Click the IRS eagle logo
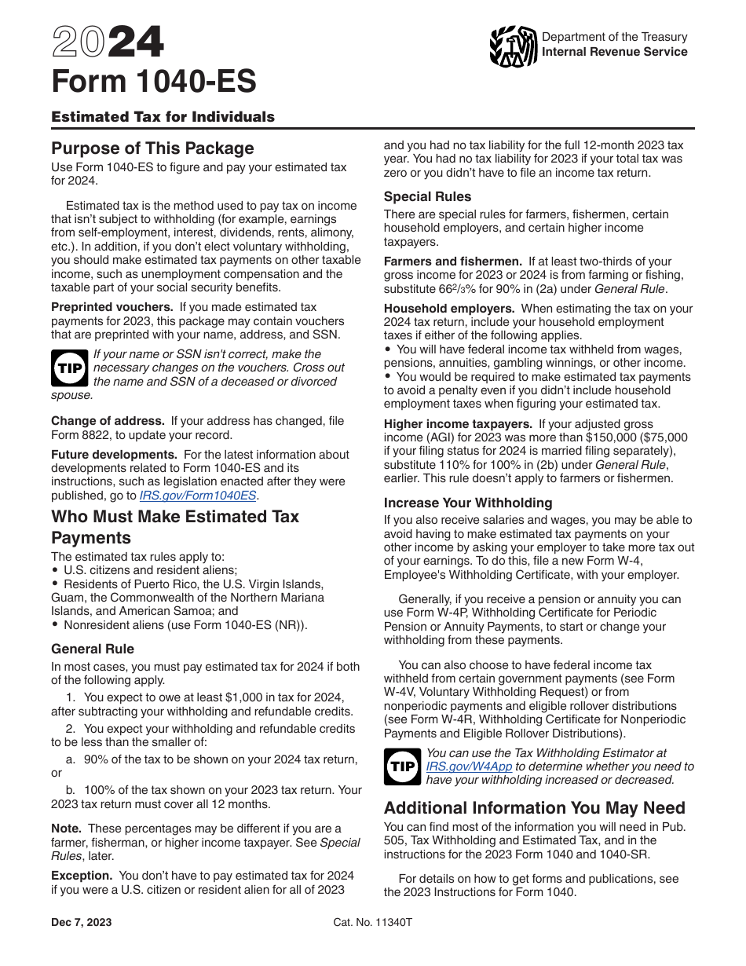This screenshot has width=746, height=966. click(x=513, y=46)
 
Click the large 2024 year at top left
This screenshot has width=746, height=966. click(x=108, y=43)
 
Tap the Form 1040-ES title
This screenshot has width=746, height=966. click(x=153, y=82)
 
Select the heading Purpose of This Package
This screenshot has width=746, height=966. click(x=152, y=148)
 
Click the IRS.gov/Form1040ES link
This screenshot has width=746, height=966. click(x=198, y=496)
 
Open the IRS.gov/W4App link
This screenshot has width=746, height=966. click(x=461, y=767)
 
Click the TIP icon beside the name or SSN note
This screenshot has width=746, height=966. click(x=70, y=368)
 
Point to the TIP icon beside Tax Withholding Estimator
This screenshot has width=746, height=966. click(x=403, y=767)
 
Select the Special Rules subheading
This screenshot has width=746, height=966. click(x=427, y=196)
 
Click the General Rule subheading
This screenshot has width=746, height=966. click(x=93, y=649)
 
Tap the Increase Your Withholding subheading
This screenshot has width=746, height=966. click(x=468, y=503)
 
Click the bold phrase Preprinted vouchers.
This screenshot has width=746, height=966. click(x=112, y=307)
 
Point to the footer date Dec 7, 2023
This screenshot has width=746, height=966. click(x=81, y=922)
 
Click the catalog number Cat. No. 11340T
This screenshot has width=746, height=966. click(x=372, y=922)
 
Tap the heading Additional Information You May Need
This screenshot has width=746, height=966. click(x=534, y=808)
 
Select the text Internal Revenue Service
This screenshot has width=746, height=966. click(x=614, y=52)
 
